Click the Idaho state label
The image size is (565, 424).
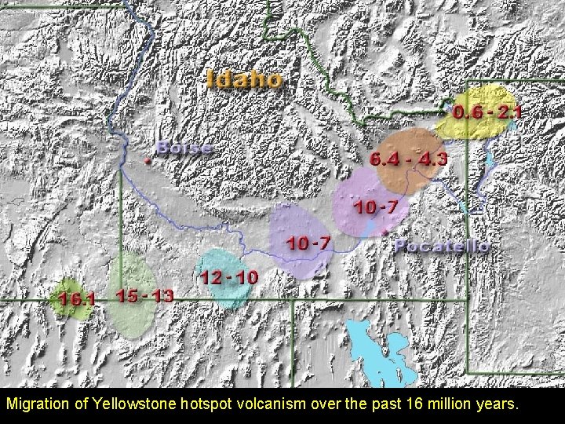(x=245, y=79)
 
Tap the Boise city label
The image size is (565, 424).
(x=184, y=148)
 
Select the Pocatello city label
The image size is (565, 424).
(x=442, y=247)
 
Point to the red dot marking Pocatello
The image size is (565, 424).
(x=384, y=233)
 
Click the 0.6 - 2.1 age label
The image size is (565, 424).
(x=491, y=113)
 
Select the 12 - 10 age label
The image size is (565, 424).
(x=228, y=277)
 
